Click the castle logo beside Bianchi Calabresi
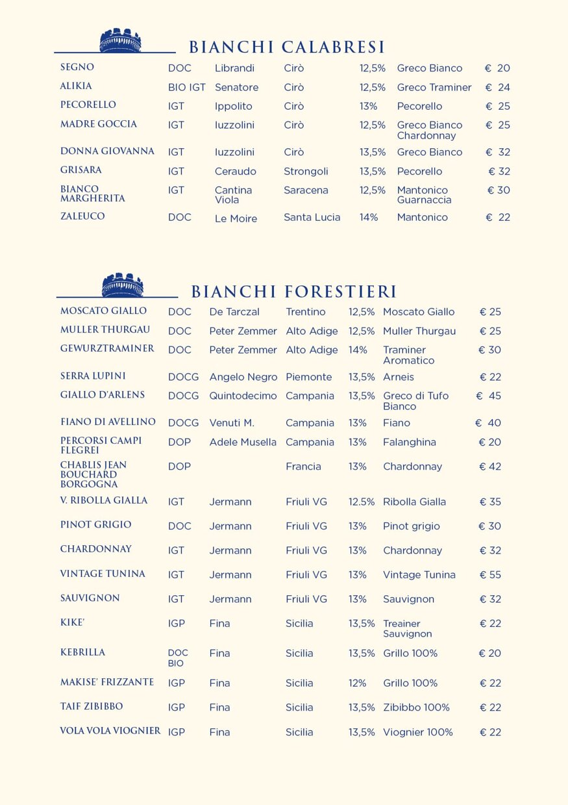click(x=120, y=40)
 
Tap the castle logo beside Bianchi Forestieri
click(x=122, y=285)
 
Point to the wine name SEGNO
click(x=77, y=68)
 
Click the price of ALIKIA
click(x=497, y=87)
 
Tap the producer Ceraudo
click(x=236, y=172)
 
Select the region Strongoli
click(x=306, y=172)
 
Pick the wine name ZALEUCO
click(x=82, y=216)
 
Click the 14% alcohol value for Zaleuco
click(x=369, y=218)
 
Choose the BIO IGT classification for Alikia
click(x=187, y=87)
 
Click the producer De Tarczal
click(x=234, y=312)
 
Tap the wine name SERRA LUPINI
click(x=93, y=376)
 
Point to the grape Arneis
click(x=399, y=377)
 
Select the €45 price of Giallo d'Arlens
click(x=489, y=396)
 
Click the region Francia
click(x=303, y=466)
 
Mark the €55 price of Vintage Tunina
click(x=490, y=575)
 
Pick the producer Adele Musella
click(x=243, y=442)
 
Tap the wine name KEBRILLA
click(x=82, y=652)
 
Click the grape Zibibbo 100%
click(x=416, y=708)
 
